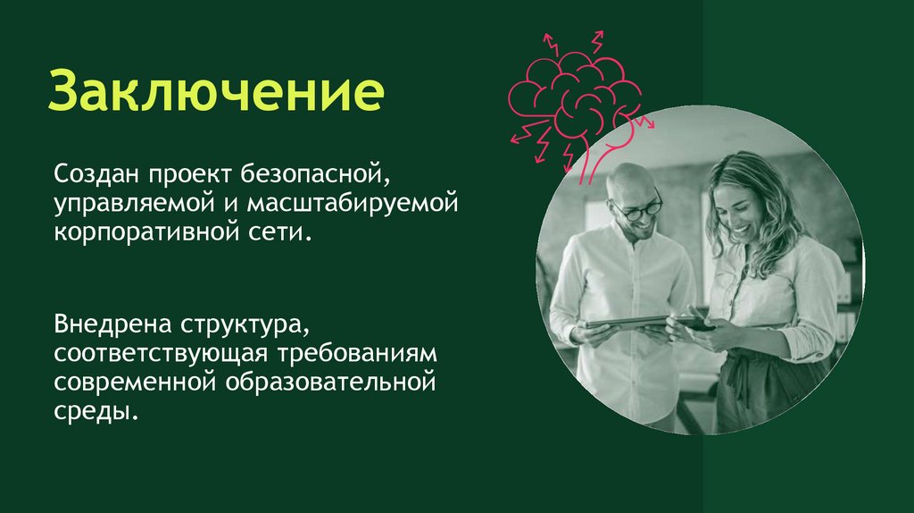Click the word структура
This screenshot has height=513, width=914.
coord(243,321)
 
